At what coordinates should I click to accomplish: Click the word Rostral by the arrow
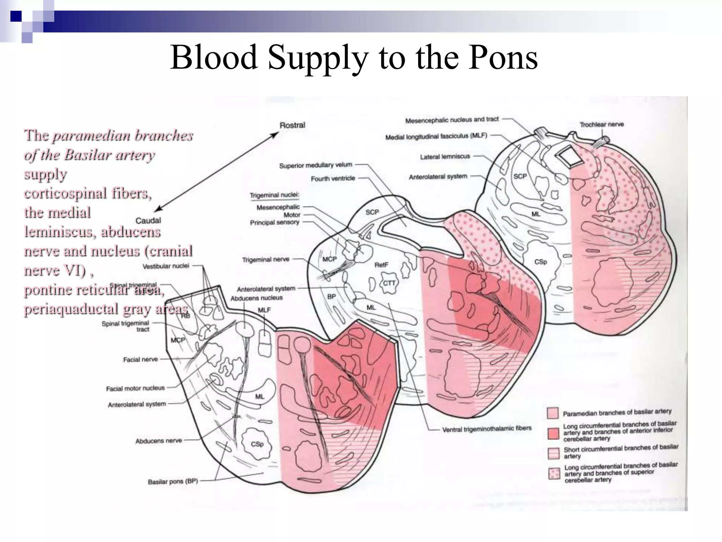(292, 125)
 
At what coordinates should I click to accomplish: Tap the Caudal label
(148, 221)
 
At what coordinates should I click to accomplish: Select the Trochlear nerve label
(601, 124)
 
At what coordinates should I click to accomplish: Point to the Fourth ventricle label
(333, 179)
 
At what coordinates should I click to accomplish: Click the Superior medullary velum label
(316, 165)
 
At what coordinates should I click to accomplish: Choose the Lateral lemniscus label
(445, 157)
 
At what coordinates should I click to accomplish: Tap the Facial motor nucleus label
(135, 388)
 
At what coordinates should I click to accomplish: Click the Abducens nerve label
(159, 441)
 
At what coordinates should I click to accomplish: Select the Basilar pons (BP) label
(173, 481)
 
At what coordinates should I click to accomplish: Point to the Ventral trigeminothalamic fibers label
(487, 428)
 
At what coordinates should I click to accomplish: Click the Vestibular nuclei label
(166, 266)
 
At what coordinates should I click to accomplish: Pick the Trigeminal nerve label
(265, 259)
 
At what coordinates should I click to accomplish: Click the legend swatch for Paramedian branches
(552, 413)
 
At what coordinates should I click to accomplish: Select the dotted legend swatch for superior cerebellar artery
(554, 473)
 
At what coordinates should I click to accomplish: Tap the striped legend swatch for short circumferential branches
(553, 453)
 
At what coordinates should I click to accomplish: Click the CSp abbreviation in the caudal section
(257, 444)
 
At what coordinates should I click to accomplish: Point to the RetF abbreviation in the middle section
(381, 265)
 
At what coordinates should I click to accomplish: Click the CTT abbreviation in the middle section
(389, 283)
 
